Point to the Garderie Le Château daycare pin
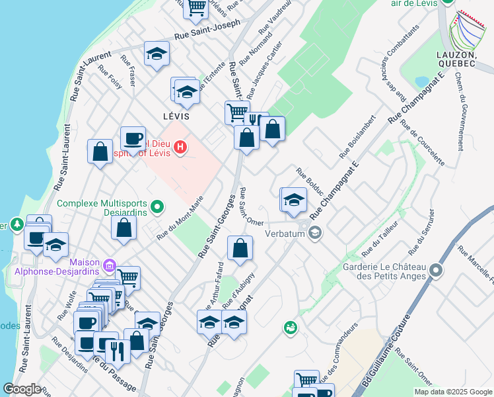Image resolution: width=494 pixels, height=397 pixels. click(435, 270)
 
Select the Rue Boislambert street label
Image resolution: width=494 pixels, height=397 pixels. click(357, 137)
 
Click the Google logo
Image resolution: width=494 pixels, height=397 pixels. click(22, 389)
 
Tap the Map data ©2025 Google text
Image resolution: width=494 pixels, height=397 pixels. click(452, 392)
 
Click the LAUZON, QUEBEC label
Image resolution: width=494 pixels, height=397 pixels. click(456, 59)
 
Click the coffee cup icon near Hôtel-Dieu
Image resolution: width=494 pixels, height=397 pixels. click(133, 138)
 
